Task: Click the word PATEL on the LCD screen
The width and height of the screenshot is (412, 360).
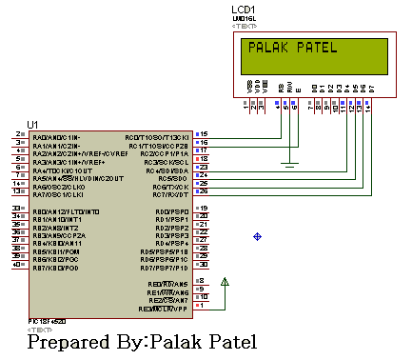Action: [x=315, y=48]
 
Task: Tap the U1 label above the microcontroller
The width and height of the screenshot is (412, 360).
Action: [x=34, y=125]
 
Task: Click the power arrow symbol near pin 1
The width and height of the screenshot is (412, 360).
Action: [x=225, y=282]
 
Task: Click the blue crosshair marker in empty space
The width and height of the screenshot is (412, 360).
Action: [x=257, y=235]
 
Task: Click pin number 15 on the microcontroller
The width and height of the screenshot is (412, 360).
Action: [x=203, y=134]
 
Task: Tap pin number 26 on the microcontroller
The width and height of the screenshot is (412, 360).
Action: [x=203, y=192]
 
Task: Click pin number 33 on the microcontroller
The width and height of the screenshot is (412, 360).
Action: [x=16, y=209]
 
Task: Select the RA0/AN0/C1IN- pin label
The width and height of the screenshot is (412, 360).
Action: [x=55, y=137]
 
